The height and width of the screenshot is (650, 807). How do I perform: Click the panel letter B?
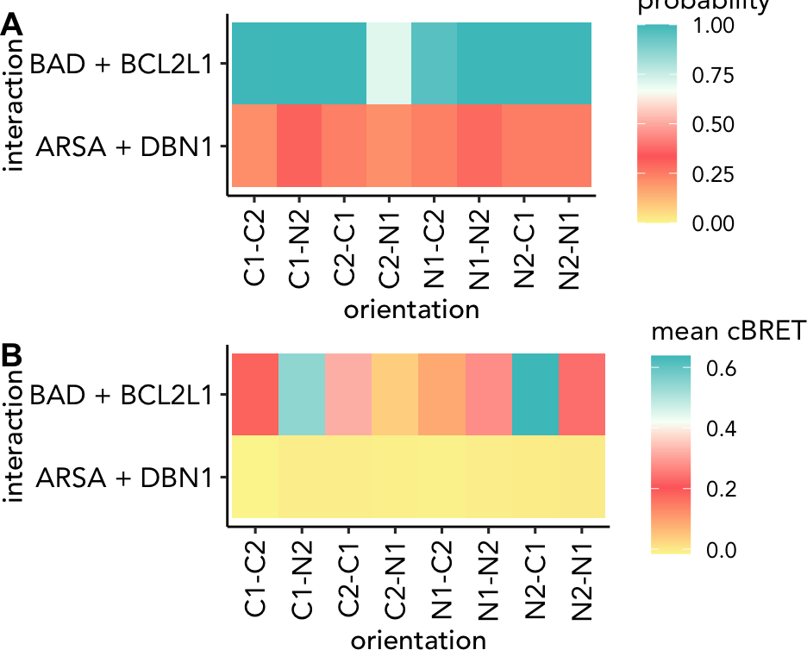pyautogui.click(x=12, y=356)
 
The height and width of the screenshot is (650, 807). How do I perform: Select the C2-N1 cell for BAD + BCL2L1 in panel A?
pyautogui.click(x=389, y=63)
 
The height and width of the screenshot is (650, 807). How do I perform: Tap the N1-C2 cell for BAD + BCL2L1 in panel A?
pyautogui.click(x=434, y=63)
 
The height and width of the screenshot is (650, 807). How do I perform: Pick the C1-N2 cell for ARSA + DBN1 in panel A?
pyautogui.click(x=299, y=145)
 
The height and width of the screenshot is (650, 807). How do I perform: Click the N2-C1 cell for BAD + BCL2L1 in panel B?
pyautogui.click(x=535, y=395)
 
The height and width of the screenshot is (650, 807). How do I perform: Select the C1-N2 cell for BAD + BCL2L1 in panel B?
pyautogui.click(x=302, y=395)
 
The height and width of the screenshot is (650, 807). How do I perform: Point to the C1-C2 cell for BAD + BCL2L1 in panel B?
pyautogui.click(x=255, y=395)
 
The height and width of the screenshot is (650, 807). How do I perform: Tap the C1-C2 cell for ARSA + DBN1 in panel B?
pyautogui.click(x=255, y=477)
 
